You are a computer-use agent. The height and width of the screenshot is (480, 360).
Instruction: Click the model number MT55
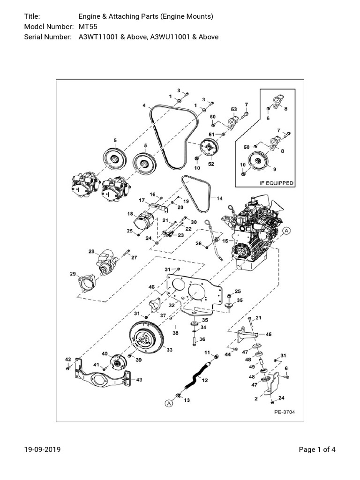click(87, 27)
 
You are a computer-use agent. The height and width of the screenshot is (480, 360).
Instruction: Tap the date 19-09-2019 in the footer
click(42, 450)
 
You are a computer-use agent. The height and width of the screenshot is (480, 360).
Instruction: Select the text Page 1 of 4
click(317, 450)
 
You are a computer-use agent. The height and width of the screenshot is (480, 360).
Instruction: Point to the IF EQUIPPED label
click(277, 183)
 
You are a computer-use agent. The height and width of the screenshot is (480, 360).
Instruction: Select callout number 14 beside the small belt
click(220, 198)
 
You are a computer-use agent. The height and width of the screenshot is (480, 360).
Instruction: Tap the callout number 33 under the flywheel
click(169, 350)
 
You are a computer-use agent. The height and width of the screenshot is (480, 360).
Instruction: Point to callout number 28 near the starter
click(91, 252)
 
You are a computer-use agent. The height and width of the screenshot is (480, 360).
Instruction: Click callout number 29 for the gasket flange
click(73, 274)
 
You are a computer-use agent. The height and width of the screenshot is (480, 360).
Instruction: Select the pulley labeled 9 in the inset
click(257, 161)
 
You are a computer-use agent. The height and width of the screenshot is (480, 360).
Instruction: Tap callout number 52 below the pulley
click(211, 165)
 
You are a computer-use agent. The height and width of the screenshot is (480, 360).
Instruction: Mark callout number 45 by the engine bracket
click(269, 334)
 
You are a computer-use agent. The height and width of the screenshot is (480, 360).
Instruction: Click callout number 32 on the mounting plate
click(172, 305)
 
